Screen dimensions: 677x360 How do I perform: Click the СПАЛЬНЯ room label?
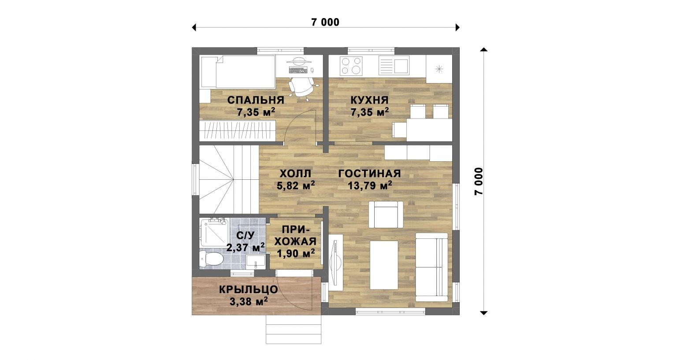(x=256, y=100)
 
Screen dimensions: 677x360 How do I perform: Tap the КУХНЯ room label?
(x=369, y=100)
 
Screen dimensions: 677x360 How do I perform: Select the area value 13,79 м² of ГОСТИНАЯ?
(x=370, y=186)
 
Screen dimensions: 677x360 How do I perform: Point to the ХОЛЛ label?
(x=295, y=174)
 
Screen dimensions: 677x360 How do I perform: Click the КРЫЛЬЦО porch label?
(x=249, y=289)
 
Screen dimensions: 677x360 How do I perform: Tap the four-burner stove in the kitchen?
(x=351, y=66)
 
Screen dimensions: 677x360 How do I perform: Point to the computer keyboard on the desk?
(x=298, y=70)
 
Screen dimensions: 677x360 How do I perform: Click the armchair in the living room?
(x=386, y=214)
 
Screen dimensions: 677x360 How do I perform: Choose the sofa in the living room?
(x=431, y=267)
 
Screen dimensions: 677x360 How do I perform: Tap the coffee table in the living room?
(x=384, y=265)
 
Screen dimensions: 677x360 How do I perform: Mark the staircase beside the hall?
(x=229, y=179)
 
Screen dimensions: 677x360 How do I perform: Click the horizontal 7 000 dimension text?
(x=325, y=22)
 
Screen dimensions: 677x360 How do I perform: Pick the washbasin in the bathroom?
(x=256, y=262)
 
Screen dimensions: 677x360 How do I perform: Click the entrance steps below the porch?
(x=294, y=329)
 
